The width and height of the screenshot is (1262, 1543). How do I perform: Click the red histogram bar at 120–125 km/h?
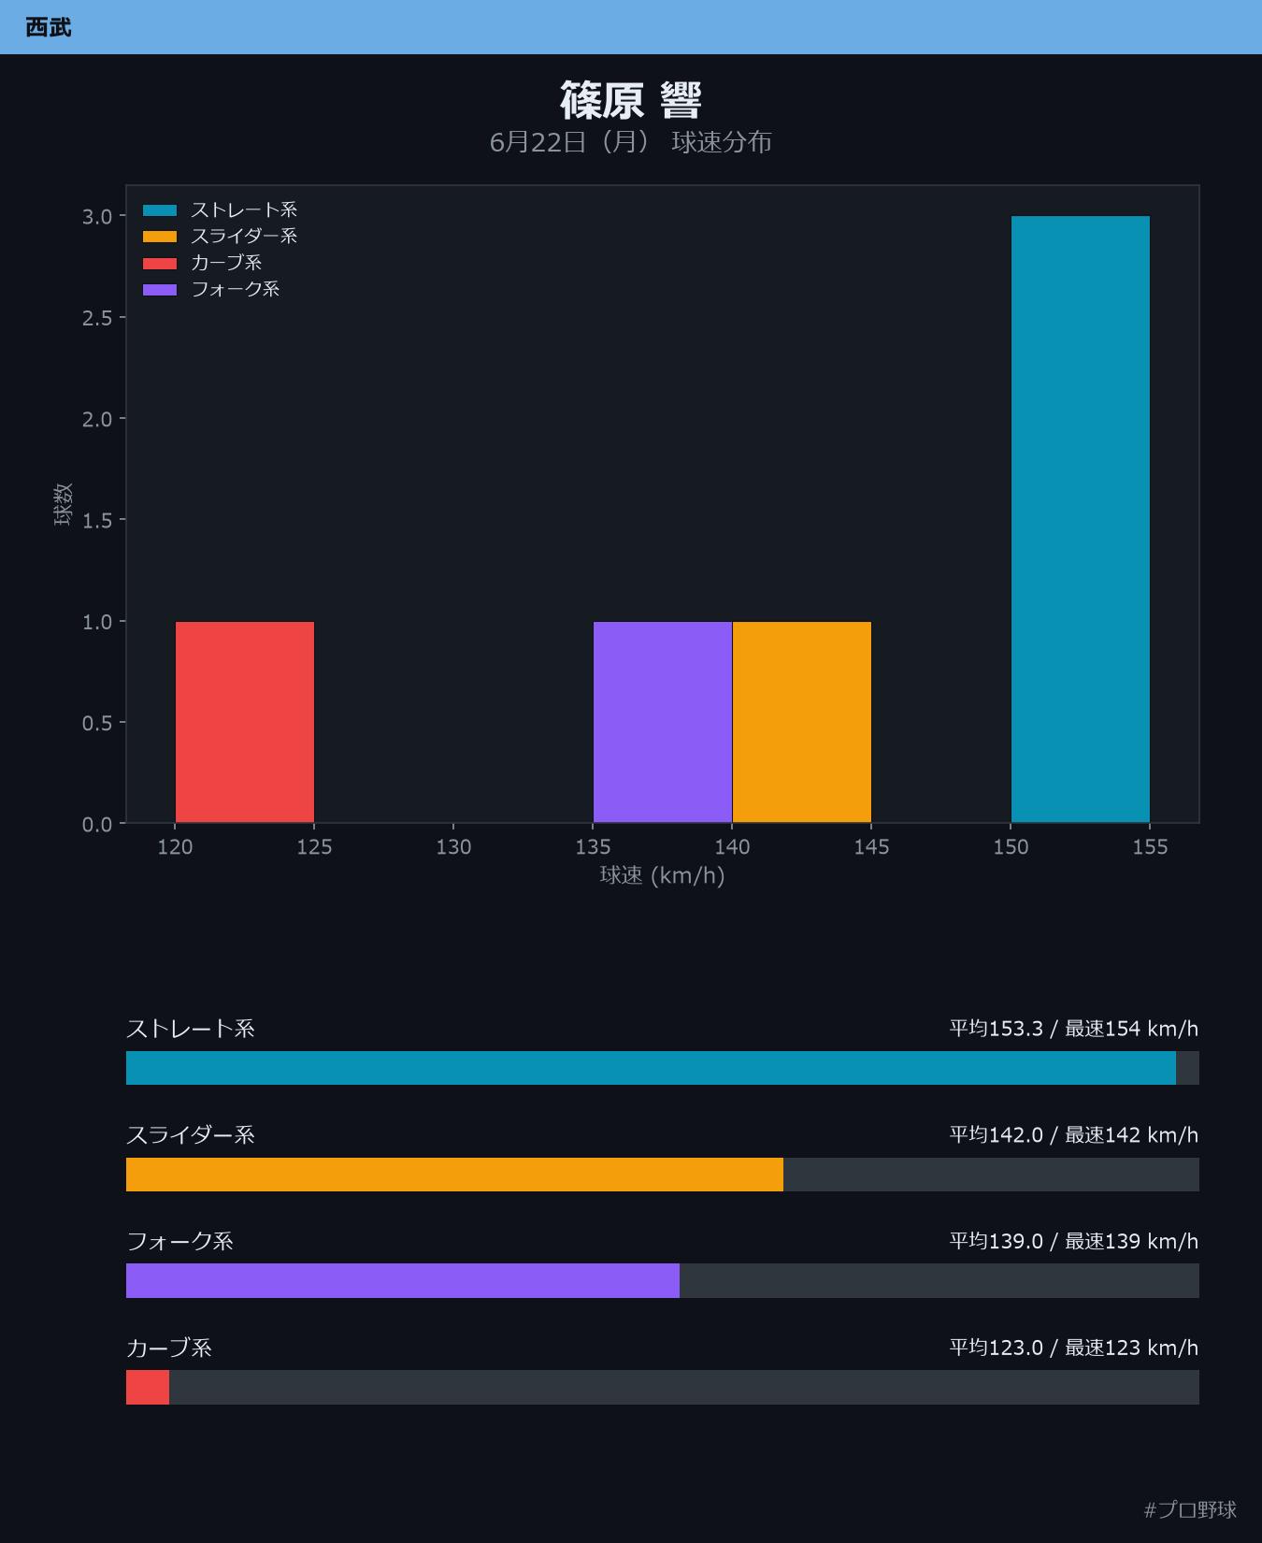[245, 722]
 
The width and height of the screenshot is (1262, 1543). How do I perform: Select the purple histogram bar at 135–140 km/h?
[663, 722]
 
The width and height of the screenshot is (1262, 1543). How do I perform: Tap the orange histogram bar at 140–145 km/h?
[802, 722]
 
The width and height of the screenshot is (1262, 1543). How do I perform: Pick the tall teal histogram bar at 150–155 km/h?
[1081, 519]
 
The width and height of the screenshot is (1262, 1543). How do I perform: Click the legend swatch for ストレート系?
[160, 210]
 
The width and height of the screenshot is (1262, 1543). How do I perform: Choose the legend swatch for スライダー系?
[160, 237]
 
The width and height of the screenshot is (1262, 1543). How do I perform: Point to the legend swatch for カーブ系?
[160, 263]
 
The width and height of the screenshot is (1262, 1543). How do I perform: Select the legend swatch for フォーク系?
[160, 290]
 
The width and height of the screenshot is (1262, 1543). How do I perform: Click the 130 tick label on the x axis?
[453, 847]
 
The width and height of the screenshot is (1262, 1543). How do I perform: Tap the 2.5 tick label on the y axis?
[97, 318]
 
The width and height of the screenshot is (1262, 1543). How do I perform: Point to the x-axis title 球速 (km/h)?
[663, 875]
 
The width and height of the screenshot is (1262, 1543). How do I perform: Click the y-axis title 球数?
[63, 504]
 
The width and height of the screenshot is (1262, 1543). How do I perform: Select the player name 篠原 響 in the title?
[631, 100]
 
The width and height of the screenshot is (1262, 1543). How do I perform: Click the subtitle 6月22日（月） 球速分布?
[631, 142]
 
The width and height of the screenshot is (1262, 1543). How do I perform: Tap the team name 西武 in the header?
[49, 27]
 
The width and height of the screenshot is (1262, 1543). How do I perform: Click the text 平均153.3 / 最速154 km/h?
[1074, 1029]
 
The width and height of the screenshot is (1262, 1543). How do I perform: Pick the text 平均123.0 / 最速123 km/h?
[1074, 1348]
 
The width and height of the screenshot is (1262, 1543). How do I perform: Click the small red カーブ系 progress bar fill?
[148, 1387]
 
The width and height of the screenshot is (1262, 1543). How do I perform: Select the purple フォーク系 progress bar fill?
[403, 1280]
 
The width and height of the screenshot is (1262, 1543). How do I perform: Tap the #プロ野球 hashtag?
[1190, 1509]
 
